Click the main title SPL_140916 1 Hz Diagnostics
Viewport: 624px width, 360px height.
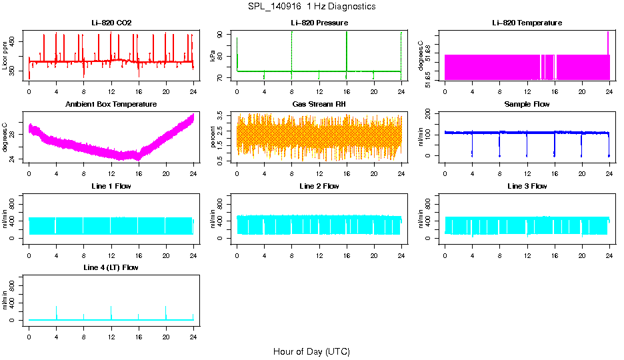click(311, 7)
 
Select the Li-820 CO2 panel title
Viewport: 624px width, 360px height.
click(111, 23)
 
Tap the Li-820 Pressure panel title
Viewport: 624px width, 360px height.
click(319, 23)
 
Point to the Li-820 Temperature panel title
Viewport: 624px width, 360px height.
click(527, 23)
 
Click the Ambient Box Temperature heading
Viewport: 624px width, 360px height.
click(111, 104)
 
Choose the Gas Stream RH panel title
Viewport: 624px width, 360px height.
click(319, 104)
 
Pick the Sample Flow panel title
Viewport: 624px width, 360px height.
click(527, 104)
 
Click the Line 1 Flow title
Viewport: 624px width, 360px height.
click(111, 186)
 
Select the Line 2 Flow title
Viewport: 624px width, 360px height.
click(319, 186)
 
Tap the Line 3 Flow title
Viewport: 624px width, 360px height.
click(527, 186)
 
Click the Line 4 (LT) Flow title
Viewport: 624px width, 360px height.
click(111, 267)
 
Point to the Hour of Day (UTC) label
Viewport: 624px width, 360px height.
click(311, 351)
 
